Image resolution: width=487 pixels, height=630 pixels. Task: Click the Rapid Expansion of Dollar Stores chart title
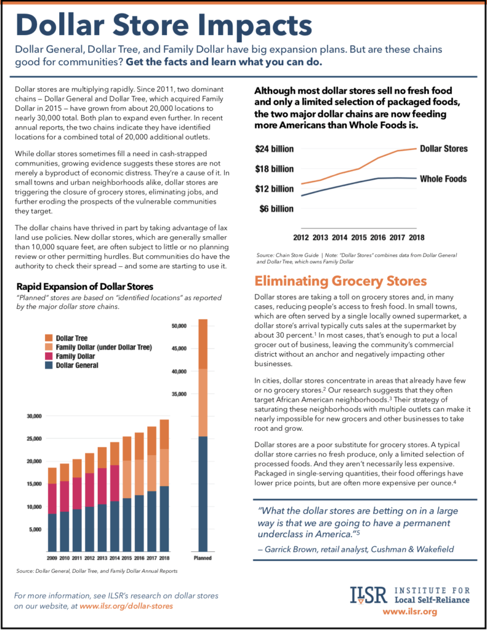pyautogui.click(x=89, y=286)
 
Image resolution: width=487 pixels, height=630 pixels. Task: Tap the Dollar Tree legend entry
pyautogui.click(x=71, y=338)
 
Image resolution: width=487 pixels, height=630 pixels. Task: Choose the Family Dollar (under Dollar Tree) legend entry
pyautogui.click(x=103, y=347)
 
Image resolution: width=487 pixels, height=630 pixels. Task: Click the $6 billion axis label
pyautogui.click(x=276, y=209)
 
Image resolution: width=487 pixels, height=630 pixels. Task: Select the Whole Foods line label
pyautogui.click(x=443, y=179)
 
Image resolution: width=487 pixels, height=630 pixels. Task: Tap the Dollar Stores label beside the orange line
pyautogui.click(x=443, y=149)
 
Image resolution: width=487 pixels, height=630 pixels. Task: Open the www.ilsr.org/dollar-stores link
pyautogui.click(x=126, y=606)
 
